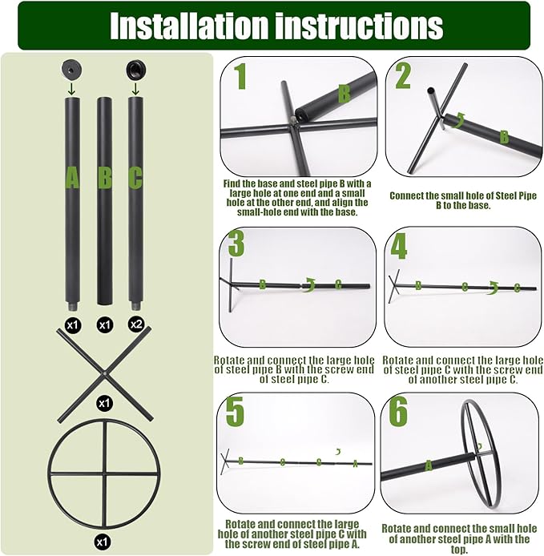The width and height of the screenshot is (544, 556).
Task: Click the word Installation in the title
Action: pyautogui.click(x=188, y=26)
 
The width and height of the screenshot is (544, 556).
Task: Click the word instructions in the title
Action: pyautogui.click(x=359, y=26)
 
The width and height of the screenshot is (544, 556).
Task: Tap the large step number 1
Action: pyautogui.click(x=238, y=77)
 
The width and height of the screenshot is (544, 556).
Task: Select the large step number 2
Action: pyautogui.click(x=403, y=77)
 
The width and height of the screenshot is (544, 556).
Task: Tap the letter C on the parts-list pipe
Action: pyautogui.click(x=135, y=178)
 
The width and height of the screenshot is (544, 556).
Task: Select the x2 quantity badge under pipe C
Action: pyautogui.click(x=135, y=325)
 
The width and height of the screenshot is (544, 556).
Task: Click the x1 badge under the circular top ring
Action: pyautogui.click(x=103, y=542)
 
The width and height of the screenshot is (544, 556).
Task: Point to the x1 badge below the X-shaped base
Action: pyautogui.click(x=104, y=403)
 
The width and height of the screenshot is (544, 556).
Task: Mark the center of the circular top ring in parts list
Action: pyautogui.click(x=104, y=475)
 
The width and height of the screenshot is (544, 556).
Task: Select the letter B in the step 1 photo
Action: pyautogui.click(x=344, y=95)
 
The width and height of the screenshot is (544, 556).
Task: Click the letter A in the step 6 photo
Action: pyautogui.click(x=429, y=465)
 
